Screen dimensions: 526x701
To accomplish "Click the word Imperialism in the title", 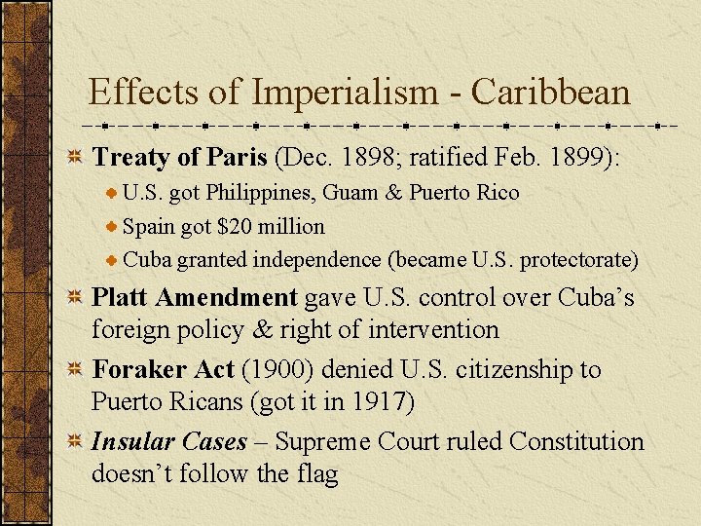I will tap(345, 94).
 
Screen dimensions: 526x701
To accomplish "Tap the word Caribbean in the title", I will tap(551, 94).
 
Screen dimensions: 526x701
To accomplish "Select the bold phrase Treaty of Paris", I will tap(180, 157).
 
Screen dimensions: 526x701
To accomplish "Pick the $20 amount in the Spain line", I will tap(238, 227).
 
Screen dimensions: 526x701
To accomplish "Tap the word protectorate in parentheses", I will tap(578, 261).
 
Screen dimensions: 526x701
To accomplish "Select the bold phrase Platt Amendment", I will tap(194, 297).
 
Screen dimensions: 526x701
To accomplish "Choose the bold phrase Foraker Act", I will tap(163, 370).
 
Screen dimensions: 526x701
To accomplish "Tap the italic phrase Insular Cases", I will tap(168, 442).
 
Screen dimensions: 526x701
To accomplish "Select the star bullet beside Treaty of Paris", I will tap(74, 157).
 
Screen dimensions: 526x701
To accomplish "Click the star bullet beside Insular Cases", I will tap(74, 442).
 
